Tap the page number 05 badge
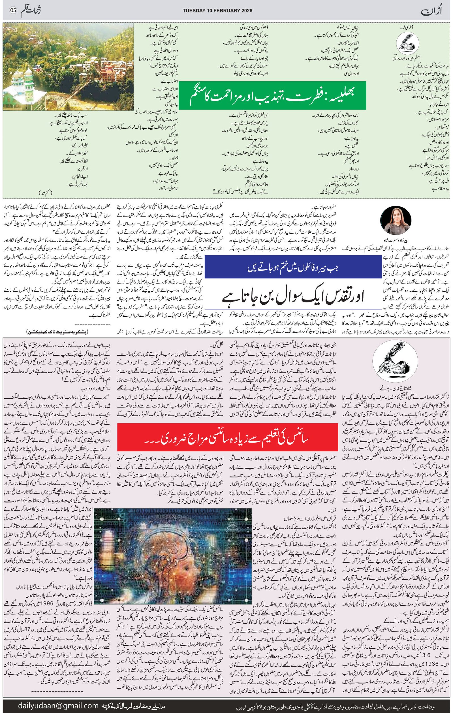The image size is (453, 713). click(x=12, y=10)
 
